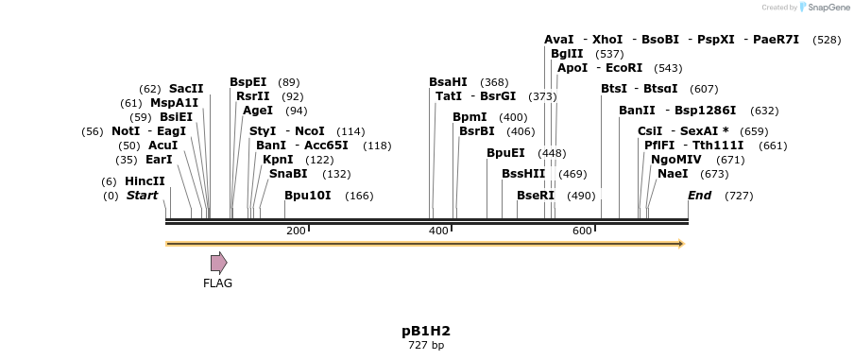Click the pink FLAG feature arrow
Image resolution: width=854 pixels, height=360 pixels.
tap(218, 263)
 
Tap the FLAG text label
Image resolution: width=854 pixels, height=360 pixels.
tap(217, 283)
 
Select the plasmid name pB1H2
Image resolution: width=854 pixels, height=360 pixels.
tap(425, 331)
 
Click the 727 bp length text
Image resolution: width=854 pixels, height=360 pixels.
tap(425, 346)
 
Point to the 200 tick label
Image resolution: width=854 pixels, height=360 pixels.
tap(296, 231)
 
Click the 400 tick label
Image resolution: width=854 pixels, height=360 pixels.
tap(438, 231)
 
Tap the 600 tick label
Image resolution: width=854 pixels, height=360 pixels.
tap(582, 231)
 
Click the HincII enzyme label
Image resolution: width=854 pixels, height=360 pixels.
tap(145, 181)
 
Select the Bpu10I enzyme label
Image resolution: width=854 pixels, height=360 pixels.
tap(308, 196)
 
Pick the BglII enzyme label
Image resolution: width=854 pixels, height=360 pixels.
tap(567, 54)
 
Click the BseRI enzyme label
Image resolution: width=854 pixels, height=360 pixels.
tap(536, 196)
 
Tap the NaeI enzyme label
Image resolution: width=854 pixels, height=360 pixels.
tap(673, 174)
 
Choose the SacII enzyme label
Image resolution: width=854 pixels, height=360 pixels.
tap(186, 89)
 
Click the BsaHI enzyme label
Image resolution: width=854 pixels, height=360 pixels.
tap(448, 82)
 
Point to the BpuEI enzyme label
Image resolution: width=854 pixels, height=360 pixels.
tap(505, 153)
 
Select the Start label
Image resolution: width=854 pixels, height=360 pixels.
tap(142, 196)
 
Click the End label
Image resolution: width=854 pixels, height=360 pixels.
tap(699, 196)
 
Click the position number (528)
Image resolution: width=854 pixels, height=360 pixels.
tap(827, 40)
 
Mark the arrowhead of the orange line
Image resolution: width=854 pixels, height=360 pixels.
tap(679, 244)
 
